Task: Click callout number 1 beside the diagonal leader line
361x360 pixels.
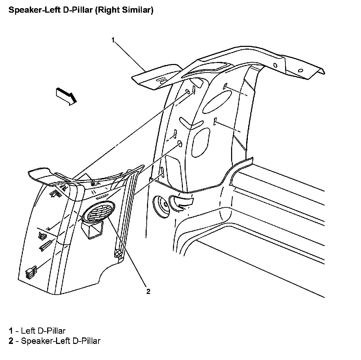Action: click(x=113, y=40)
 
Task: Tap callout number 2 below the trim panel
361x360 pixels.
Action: click(x=148, y=291)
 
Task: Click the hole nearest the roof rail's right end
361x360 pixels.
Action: click(x=301, y=70)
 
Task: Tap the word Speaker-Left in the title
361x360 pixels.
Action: click(x=29, y=10)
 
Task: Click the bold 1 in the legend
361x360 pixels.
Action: click(x=11, y=331)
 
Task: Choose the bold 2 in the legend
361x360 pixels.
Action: click(x=11, y=341)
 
